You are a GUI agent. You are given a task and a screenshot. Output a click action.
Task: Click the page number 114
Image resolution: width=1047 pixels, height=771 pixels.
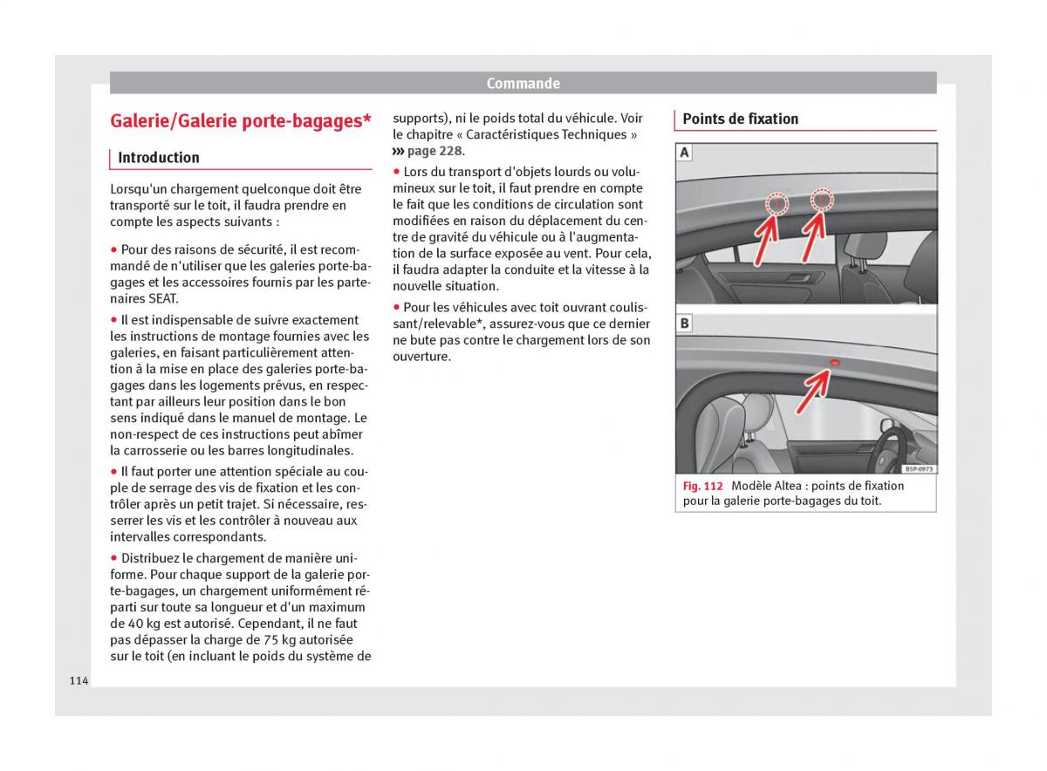(79, 680)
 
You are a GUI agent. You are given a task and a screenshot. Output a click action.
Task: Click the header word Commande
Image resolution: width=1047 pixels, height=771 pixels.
(523, 84)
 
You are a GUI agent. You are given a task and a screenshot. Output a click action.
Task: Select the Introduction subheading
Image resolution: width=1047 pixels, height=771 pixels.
(159, 158)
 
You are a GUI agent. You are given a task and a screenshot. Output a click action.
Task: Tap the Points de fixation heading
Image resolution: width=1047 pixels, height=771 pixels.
(740, 119)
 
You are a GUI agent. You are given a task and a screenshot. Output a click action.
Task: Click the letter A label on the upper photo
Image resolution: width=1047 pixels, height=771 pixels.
(685, 154)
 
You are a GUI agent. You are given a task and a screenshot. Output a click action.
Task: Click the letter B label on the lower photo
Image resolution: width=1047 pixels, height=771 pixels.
(685, 324)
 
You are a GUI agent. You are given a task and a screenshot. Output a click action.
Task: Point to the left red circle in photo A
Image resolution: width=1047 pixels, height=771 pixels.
(777, 204)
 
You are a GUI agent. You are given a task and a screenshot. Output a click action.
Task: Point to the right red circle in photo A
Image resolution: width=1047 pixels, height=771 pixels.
(822, 200)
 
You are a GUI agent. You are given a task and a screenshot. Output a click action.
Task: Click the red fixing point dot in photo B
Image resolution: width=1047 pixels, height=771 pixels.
(834, 361)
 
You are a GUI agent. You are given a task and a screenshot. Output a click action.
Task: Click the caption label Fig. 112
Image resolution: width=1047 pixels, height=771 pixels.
(703, 486)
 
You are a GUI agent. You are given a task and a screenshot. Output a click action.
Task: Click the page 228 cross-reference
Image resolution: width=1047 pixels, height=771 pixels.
(434, 151)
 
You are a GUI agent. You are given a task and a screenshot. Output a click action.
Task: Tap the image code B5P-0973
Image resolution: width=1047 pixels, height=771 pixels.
(919, 468)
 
